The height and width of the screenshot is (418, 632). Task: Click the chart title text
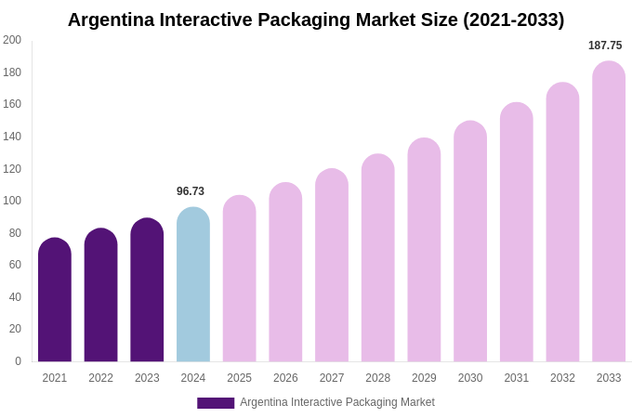(316, 20)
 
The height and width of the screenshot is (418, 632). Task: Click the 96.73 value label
(191, 191)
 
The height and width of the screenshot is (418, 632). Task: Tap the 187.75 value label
(605, 46)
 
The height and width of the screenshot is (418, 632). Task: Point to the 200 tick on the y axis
(12, 40)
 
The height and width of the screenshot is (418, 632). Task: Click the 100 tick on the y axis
(12, 201)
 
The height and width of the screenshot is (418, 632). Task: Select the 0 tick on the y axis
(18, 361)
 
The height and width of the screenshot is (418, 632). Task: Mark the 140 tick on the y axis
(12, 137)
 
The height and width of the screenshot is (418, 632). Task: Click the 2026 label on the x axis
(285, 378)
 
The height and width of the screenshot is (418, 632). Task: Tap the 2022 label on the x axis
(100, 378)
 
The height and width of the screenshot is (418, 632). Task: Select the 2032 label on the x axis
(562, 378)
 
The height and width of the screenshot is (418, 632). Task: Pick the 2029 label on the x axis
(424, 378)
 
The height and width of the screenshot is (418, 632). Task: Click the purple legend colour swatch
(216, 403)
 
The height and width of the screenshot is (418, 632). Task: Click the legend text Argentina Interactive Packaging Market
(337, 402)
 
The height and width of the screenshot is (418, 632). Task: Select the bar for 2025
(240, 279)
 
